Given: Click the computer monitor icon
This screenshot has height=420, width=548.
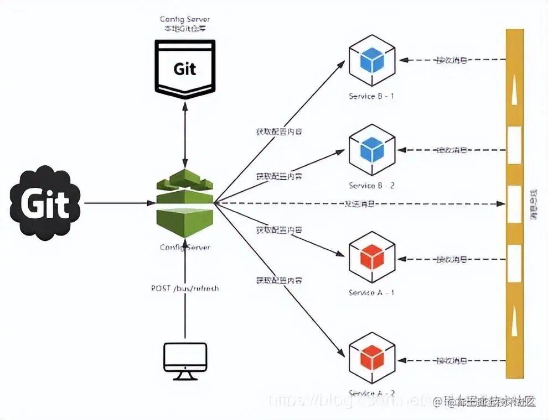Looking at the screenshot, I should pyautogui.click(x=185, y=360).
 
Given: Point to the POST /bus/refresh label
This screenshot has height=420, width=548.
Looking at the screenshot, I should pyautogui.click(x=185, y=288).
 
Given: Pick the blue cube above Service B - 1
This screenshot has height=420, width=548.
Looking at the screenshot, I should pyautogui.click(x=371, y=61).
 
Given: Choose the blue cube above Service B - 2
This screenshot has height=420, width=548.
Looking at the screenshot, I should pyautogui.click(x=371, y=150).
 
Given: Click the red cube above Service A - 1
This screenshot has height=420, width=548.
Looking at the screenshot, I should pyautogui.click(x=371, y=257).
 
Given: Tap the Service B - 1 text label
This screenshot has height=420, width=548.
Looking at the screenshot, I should pyautogui.click(x=371, y=96).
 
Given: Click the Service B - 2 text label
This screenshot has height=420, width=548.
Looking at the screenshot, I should pyautogui.click(x=371, y=186).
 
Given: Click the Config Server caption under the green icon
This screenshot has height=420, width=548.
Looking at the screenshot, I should pyautogui.click(x=185, y=247).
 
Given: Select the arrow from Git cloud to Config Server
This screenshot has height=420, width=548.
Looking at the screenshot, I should pyautogui.click(x=116, y=203).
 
